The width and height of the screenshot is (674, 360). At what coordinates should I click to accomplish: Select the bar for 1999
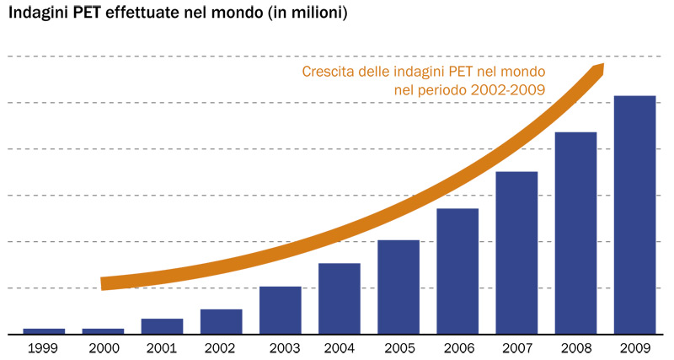(x=44, y=330)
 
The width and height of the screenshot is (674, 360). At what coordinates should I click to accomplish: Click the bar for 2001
(x=162, y=325)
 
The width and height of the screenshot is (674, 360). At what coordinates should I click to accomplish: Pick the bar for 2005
(x=399, y=287)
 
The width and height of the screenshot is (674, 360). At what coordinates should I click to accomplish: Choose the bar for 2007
(x=516, y=252)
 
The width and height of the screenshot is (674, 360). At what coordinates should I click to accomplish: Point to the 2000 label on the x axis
(x=103, y=347)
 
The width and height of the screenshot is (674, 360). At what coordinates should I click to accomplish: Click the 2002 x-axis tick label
(x=221, y=347)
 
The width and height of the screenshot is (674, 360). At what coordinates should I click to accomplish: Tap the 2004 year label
(x=340, y=347)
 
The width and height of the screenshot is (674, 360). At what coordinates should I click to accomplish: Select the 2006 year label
(x=457, y=347)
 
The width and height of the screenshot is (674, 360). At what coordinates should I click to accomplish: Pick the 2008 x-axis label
(x=575, y=347)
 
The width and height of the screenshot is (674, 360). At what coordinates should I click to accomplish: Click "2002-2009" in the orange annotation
(x=508, y=89)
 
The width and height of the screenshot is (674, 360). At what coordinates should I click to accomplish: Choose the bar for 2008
(x=575, y=233)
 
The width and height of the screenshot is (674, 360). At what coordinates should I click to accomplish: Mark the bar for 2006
(x=457, y=271)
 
